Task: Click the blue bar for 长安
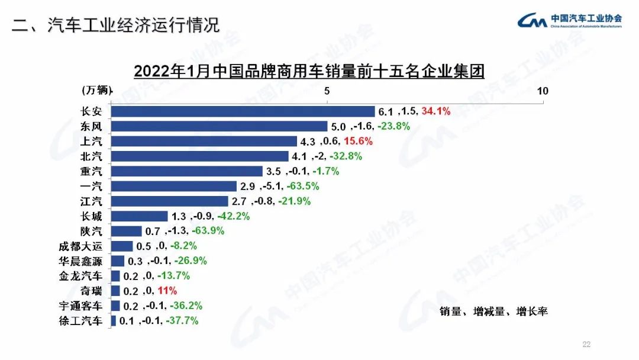click(243, 111)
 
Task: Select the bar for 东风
click(220, 126)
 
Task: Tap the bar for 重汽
click(187, 171)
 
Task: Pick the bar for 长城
click(140, 216)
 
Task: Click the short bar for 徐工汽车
click(114, 321)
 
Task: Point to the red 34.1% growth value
click(435, 111)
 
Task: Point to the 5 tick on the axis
click(327, 91)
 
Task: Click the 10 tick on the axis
click(543, 91)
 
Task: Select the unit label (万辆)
click(95, 90)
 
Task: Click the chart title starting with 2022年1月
click(309, 71)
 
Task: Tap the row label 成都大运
click(81, 246)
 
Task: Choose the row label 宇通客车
click(81, 306)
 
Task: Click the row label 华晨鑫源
click(81, 261)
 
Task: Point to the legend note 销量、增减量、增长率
click(493, 311)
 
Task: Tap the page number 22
click(587, 345)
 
